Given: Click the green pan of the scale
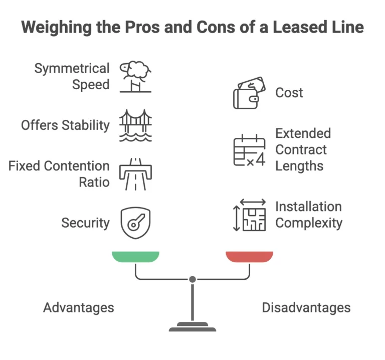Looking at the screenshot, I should click(x=135, y=256).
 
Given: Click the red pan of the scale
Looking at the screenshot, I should click(x=249, y=256).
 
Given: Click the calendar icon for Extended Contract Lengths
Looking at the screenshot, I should click(x=249, y=150).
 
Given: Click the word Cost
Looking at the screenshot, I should click(x=289, y=93).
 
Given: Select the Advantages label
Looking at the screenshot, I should click(x=79, y=307).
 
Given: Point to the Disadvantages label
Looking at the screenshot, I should click(x=306, y=307).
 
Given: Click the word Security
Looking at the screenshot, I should click(x=85, y=223).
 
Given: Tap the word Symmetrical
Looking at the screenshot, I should click(x=72, y=68).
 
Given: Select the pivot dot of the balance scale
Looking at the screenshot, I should click(x=192, y=279).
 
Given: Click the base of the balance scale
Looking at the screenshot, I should click(x=192, y=328).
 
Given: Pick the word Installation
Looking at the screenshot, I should click(x=308, y=207).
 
